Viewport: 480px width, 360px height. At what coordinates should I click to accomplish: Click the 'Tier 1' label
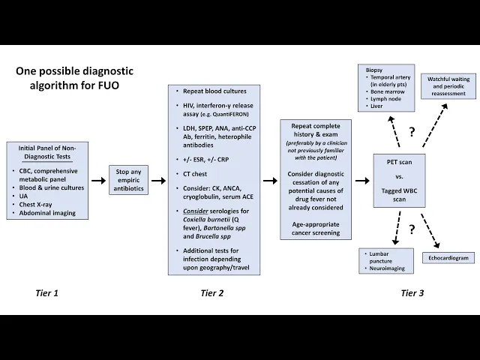pos(46,292)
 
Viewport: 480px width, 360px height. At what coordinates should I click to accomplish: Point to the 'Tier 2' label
pos(213,292)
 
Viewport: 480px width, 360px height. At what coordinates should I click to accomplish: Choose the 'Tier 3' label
pos(412,292)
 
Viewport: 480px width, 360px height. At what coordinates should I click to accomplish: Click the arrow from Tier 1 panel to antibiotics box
pos(98,181)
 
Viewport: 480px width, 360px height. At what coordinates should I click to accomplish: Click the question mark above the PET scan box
pos(412,133)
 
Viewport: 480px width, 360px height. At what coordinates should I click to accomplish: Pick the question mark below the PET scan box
pos(412,229)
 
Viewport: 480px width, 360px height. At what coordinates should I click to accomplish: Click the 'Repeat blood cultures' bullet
pos(214,91)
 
